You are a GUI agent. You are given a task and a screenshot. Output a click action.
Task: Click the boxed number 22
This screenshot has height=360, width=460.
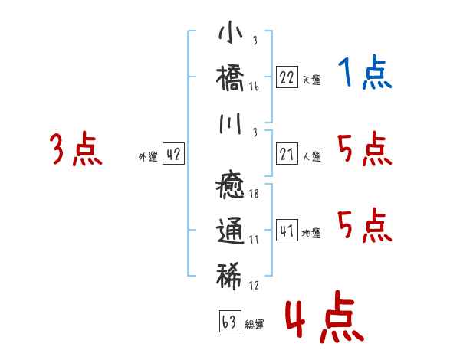(x=287, y=77)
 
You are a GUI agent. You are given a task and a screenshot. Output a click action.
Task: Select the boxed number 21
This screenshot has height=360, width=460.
(x=287, y=154)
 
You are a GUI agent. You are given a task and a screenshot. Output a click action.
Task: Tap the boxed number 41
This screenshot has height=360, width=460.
(x=287, y=231)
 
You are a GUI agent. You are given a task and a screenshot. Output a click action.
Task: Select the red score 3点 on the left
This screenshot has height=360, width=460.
(x=76, y=149)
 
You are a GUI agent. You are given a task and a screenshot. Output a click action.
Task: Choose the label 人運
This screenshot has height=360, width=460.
(x=311, y=156)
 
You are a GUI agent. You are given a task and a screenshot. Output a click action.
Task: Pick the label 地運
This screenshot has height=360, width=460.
(x=311, y=233)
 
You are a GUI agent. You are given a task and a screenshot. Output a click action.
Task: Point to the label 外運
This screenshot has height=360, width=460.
(x=148, y=156)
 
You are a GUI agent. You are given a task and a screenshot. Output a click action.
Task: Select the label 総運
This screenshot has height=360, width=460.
(x=255, y=324)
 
